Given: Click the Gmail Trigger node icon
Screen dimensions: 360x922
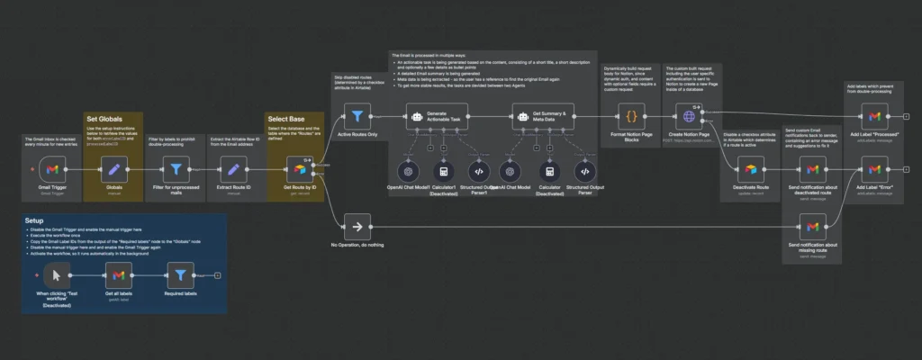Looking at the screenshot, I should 53,168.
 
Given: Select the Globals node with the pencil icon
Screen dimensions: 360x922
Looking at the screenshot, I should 113,168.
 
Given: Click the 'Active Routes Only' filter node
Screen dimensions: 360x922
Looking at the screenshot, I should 357,116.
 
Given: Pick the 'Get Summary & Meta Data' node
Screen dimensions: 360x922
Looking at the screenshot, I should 529,116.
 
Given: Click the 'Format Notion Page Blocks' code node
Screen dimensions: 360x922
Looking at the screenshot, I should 631,116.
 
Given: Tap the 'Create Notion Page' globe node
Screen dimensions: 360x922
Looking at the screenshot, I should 691,116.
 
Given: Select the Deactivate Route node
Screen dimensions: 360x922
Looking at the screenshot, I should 750,168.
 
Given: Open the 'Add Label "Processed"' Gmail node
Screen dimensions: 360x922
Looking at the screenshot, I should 873,116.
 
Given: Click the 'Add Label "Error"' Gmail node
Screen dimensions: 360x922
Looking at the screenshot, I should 873,168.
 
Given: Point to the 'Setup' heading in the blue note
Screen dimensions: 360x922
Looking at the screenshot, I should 35,220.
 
